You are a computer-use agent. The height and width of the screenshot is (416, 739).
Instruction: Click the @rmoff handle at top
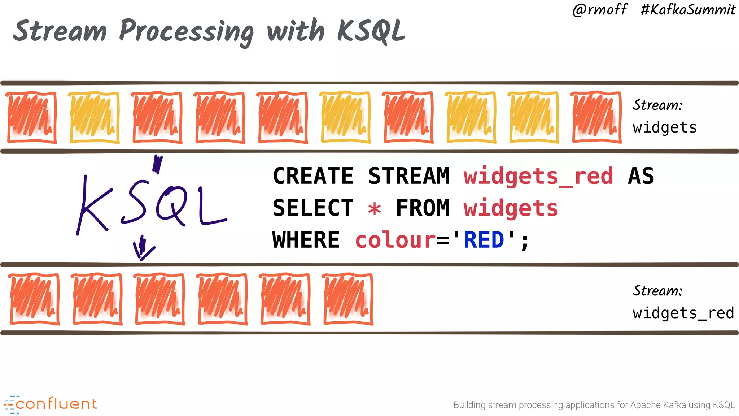(x=600, y=10)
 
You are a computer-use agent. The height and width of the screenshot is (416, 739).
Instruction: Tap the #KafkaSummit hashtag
(x=688, y=10)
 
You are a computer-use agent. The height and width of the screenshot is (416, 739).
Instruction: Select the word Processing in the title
(x=186, y=32)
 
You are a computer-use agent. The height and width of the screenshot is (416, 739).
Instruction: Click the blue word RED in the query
(x=484, y=240)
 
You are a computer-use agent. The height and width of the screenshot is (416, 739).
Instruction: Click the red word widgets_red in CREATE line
(x=538, y=176)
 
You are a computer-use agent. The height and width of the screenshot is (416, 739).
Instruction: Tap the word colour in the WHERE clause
(x=395, y=240)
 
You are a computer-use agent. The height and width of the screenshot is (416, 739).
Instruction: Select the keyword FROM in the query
(x=423, y=208)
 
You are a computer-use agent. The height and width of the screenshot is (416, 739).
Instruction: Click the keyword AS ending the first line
(x=641, y=176)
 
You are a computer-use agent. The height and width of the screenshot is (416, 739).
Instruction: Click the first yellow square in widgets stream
(x=95, y=118)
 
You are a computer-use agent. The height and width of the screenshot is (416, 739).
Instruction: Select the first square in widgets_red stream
(x=35, y=299)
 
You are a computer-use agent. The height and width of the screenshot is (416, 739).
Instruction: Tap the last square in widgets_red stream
(x=348, y=299)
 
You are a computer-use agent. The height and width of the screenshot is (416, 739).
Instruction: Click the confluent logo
(x=51, y=404)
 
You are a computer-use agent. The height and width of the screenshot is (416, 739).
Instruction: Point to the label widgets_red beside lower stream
(x=683, y=313)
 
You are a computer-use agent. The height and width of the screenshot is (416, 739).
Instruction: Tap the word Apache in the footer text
(x=643, y=405)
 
